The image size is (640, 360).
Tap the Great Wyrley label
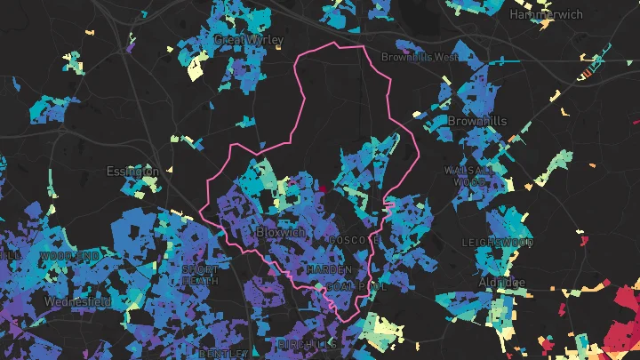(249, 40)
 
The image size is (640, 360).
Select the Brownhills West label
(420, 57)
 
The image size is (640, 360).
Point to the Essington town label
(132, 171)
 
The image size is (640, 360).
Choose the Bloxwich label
(280, 232)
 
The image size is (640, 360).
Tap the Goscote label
(354, 240)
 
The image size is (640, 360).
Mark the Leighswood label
(498, 242)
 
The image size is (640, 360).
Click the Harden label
(331, 268)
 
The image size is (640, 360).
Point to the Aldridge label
(502, 283)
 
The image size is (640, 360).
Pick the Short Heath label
(200, 274)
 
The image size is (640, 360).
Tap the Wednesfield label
(77, 302)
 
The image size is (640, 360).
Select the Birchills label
(307, 343)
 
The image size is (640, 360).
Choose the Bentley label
(218, 353)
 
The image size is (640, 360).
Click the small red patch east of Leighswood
(582, 240)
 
